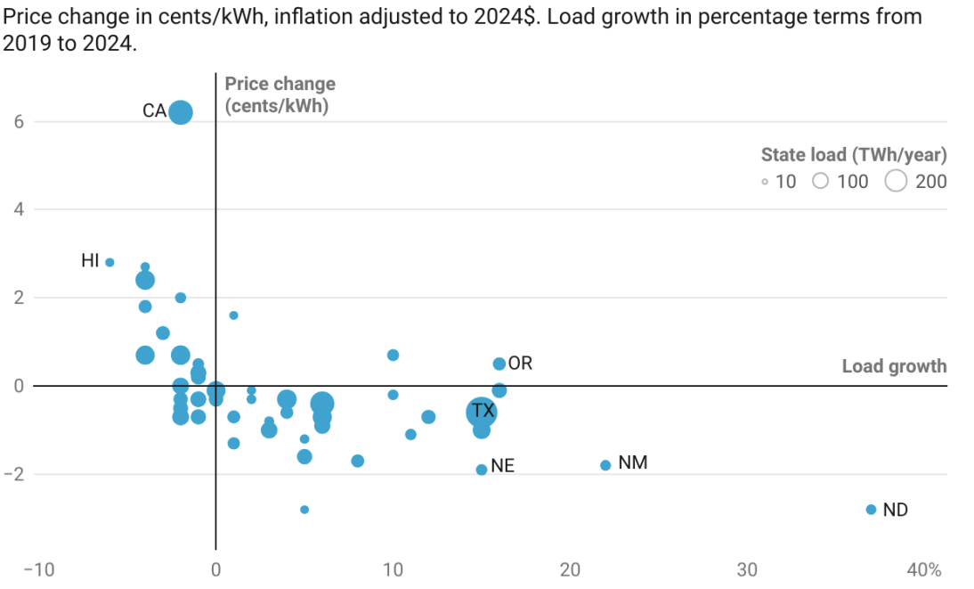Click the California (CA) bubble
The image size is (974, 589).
pos(181,112)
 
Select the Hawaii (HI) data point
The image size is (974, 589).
pos(110,263)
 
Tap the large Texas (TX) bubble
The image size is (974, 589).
pos(482,412)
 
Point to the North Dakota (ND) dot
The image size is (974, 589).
pos(871,510)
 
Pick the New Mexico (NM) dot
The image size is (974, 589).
pos(605,465)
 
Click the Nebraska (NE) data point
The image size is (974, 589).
pos(482,470)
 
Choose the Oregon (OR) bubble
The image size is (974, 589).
pos(499,364)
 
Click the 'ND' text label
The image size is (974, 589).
pos(895,511)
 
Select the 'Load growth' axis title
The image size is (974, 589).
pos(894,366)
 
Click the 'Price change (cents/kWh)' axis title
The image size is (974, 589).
pos(280,94)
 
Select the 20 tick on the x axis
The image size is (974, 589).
pos(570,570)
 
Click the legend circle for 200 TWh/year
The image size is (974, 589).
pos(897,182)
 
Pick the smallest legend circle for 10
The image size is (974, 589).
pos(765,182)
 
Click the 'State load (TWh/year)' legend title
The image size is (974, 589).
pos(853,155)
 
